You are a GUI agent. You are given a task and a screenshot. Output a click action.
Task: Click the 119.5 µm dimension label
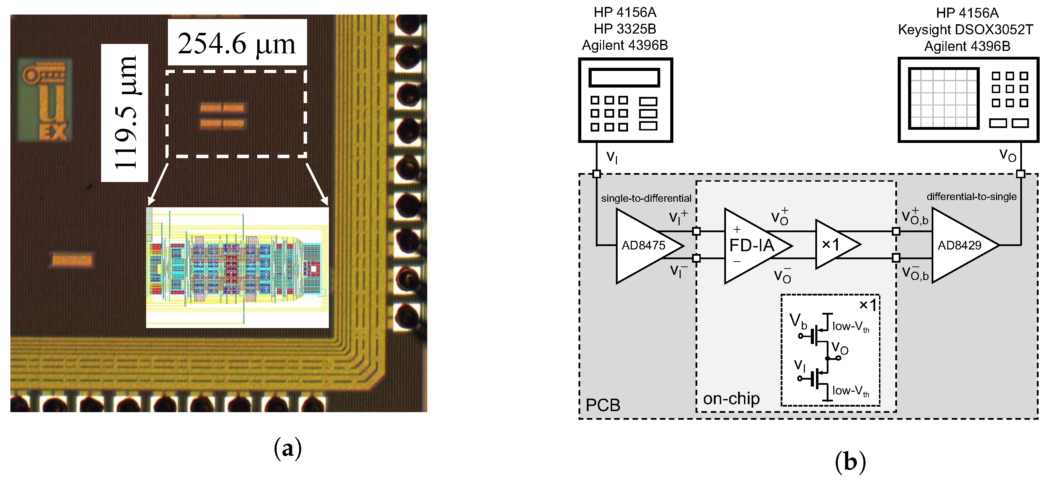(x=125, y=113)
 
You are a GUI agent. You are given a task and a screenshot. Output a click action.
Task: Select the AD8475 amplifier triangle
(x=643, y=245)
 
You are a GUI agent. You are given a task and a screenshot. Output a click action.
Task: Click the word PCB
(x=603, y=405)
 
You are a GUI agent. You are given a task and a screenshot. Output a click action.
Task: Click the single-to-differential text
(x=646, y=198)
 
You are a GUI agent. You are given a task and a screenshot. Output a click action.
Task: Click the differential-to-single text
(x=971, y=197)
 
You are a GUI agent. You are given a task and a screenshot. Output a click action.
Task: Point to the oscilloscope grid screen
(x=943, y=99)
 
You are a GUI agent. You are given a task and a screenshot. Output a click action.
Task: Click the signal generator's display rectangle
(x=624, y=77)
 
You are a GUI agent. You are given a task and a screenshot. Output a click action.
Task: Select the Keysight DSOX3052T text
(x=966, y=30)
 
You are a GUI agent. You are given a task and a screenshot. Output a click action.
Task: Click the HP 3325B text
(x=625, y=29)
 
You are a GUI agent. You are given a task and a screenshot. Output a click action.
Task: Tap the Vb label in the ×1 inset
(x=798, y=321)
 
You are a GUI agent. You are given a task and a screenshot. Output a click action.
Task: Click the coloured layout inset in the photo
(x=237, y=267)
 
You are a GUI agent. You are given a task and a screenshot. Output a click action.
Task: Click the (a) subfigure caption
(x=287, y=448)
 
